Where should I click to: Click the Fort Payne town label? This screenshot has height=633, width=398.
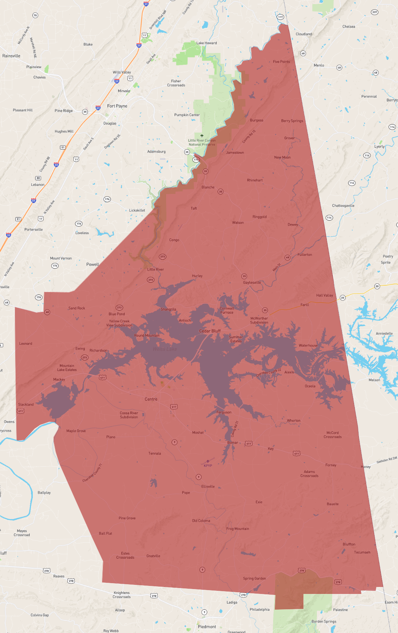tap(117, 106)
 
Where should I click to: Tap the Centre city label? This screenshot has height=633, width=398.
tap(151, 399)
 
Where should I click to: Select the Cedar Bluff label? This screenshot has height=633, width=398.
tap(210, 331)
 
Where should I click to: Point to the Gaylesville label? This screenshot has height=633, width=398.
tap(252, 282)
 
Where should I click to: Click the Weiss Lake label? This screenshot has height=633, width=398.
tap(165, 349)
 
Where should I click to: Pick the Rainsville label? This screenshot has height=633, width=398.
tap(11, 56)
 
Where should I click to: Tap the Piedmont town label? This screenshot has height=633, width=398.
tap(207, 626)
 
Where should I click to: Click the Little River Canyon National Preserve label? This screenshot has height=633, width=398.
tap(202, 142)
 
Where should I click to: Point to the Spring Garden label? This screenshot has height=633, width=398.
tap(254, 578)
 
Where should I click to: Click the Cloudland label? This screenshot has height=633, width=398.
tap(304, 34)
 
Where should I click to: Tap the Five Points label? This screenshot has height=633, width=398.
tap(281, 62)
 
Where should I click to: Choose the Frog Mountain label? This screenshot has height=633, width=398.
tap(238, 529)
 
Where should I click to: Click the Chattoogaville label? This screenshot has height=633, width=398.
tap(343, 206)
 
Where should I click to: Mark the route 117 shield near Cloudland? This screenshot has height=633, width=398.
tap(280, 17)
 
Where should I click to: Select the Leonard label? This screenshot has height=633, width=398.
tap(25, 343)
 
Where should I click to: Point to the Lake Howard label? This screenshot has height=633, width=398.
tap(206, 43)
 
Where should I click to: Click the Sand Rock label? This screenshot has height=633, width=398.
tap(77, 308)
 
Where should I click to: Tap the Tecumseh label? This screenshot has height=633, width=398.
tap(362, 552)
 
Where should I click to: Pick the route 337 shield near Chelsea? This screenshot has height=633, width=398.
tap(374, 12)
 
